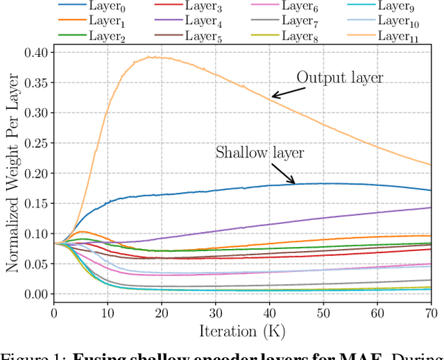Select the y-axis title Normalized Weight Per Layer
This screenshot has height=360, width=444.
12,173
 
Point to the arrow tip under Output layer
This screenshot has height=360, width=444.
273,96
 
